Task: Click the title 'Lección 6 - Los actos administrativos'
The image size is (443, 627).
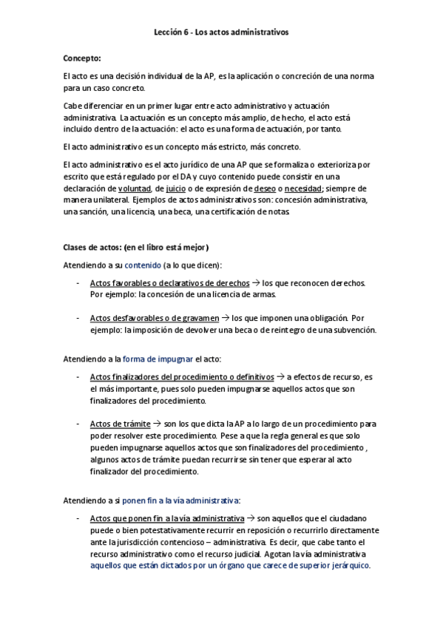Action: click(221, 33)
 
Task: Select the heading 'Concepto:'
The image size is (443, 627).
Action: click(82, 58)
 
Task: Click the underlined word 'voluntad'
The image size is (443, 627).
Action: click(138, 188)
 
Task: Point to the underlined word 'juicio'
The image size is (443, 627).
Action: click(175, 188)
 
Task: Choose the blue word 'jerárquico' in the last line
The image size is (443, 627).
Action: click(344, 566)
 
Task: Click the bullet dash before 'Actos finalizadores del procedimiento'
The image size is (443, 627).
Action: click(79, 377)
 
